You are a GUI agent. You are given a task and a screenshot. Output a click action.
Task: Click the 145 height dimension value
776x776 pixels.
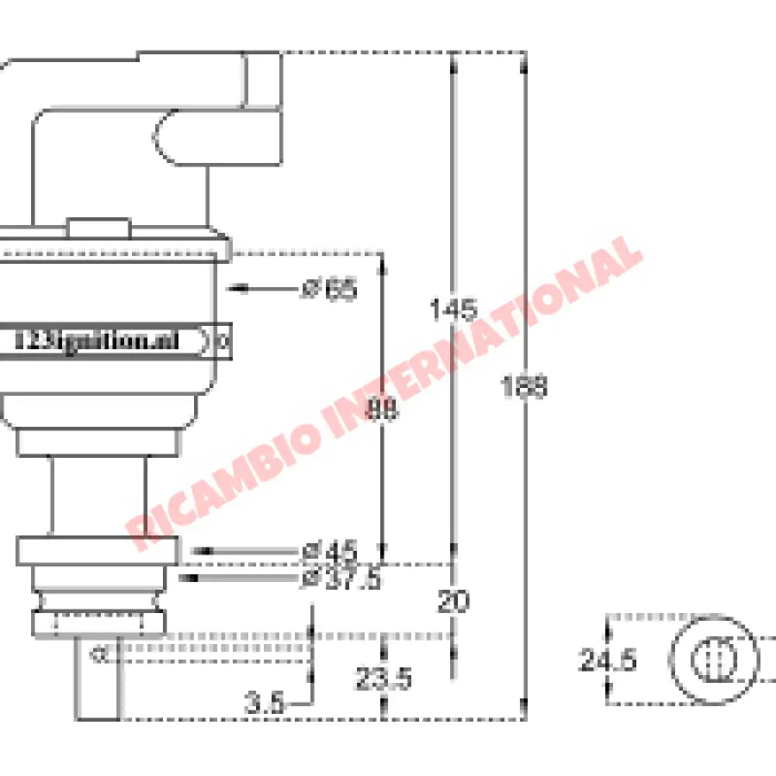(x=453, y=310)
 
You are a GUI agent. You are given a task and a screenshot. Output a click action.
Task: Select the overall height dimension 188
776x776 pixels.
(x=525, y=386)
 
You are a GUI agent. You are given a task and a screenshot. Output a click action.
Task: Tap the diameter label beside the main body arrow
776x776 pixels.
(x=329, y=289)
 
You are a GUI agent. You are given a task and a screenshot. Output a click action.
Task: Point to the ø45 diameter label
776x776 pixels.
(x=330, y=552)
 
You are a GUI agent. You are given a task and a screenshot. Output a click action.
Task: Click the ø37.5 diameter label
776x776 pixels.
(x=341, y=578)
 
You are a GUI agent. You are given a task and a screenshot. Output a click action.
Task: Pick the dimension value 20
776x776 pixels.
(x=453, y=602)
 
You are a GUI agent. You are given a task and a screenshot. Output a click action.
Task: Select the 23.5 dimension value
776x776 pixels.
(x=383, y=679)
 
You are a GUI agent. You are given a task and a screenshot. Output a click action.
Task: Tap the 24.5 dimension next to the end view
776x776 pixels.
(x=608, y=660)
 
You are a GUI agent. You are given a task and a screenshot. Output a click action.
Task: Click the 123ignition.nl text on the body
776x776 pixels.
(x=97, y=341)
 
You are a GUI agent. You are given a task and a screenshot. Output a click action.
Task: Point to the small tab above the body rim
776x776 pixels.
(x=98, y=227)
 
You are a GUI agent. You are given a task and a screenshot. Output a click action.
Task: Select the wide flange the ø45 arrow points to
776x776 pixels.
(x=98, y=551)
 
